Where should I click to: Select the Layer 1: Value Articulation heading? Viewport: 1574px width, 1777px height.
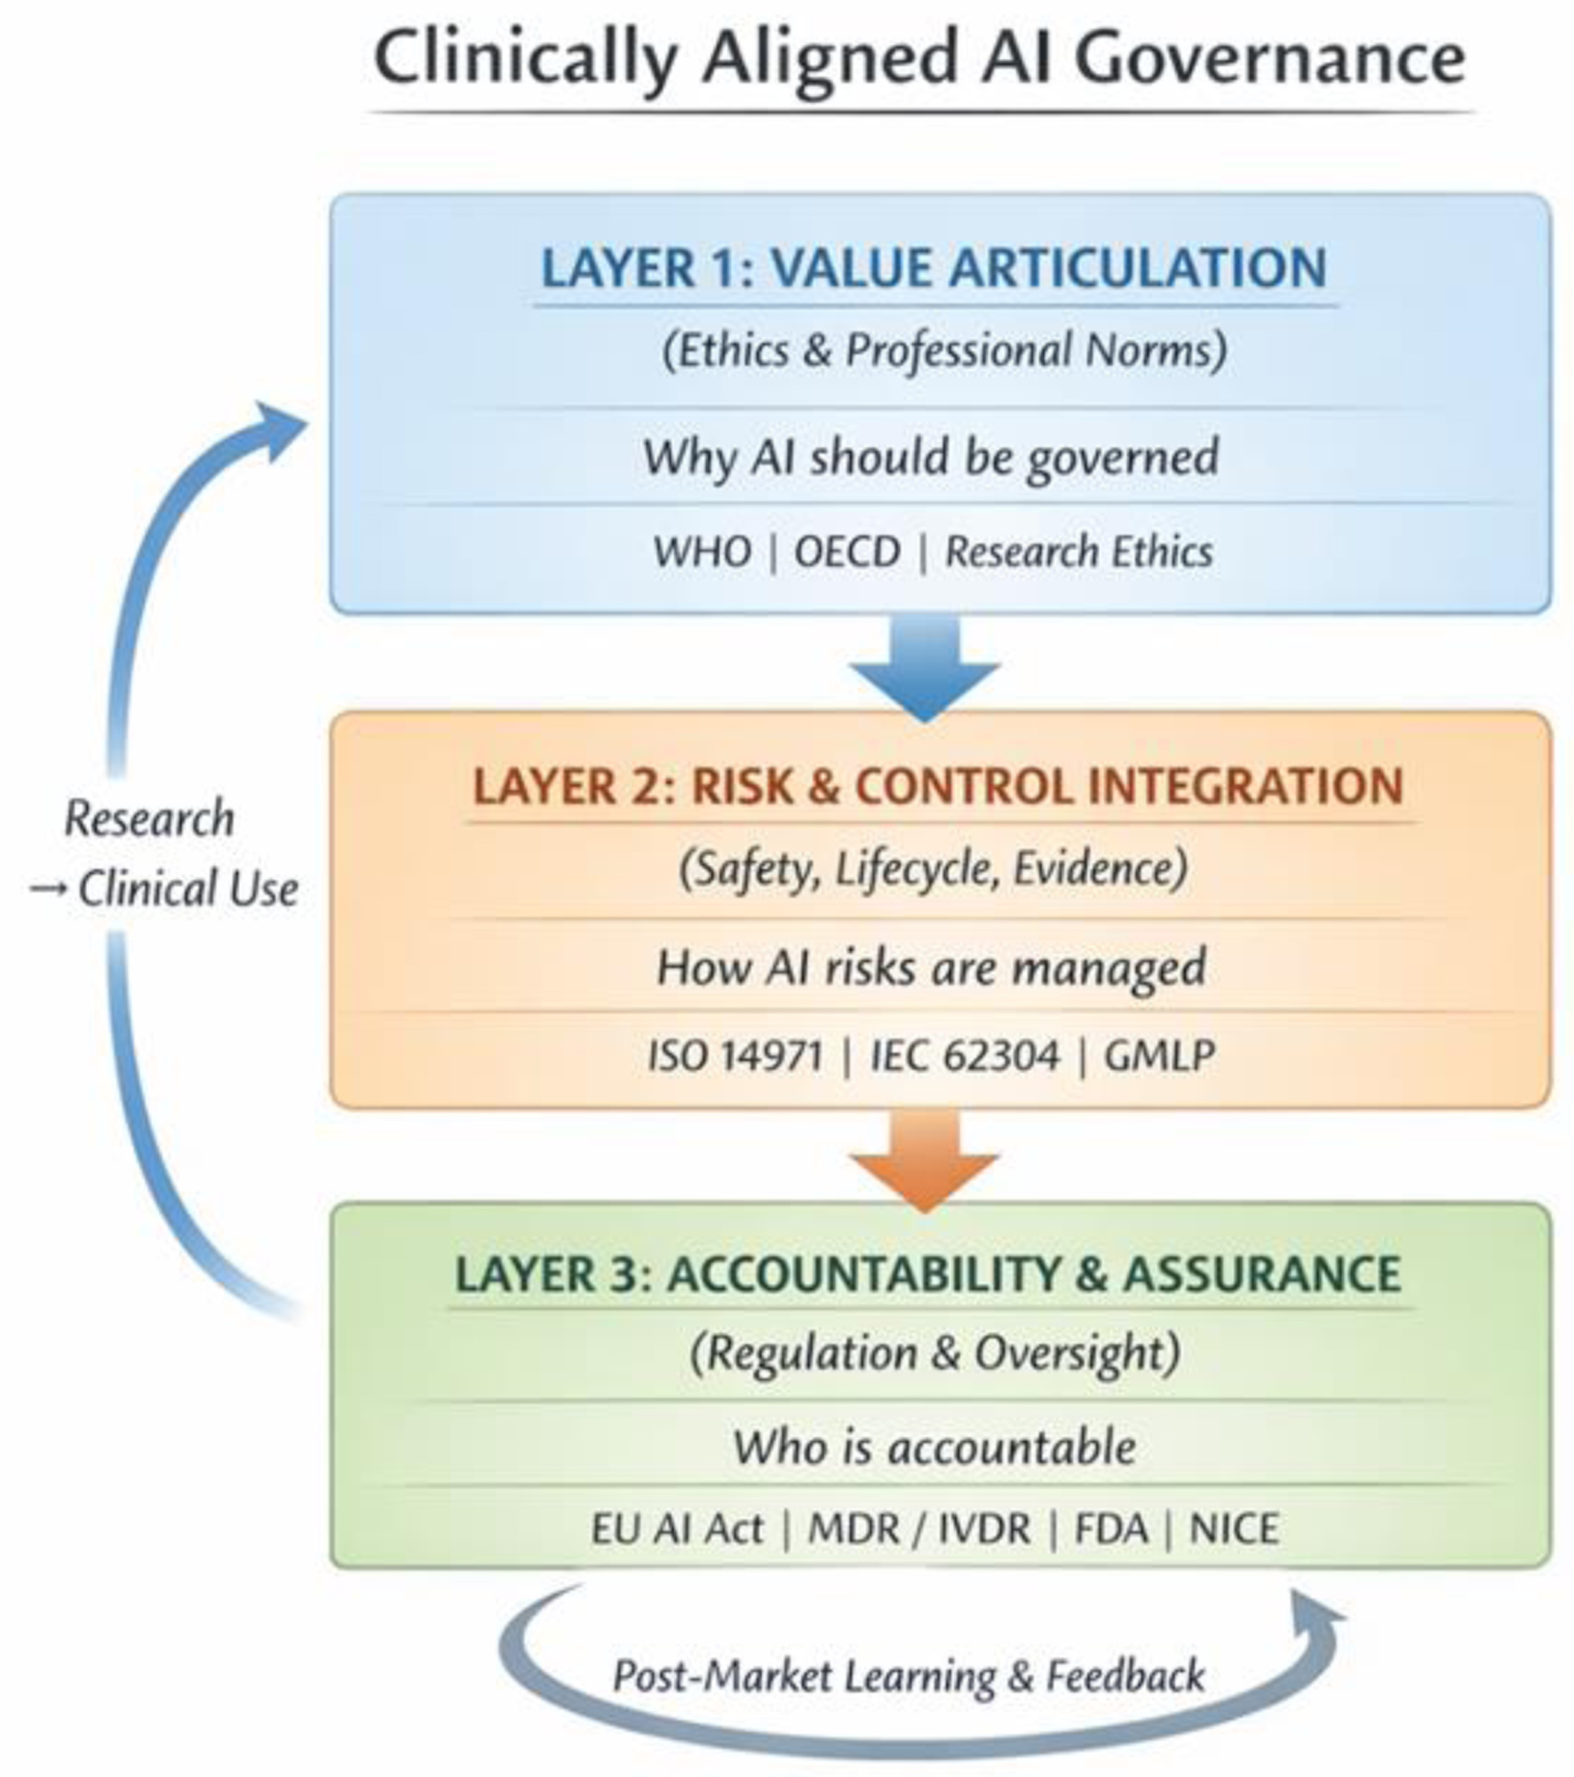pyautogui.click(x=934, y=268)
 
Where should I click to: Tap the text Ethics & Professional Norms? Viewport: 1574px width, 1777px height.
pyautogui.click(x=944, y=350)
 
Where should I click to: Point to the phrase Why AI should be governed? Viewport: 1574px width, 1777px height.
pyautogui.click(x=930, y=457)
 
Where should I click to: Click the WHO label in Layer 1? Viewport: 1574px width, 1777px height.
pyautogui.click(x=702, y=551)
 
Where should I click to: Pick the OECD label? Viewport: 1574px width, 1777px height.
pyautogui.click(x=847, y=551)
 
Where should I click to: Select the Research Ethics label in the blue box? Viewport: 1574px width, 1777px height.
pyautogui.click(x=1078, y=551)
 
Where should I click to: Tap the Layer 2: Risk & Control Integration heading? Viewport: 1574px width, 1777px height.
pyautogui.click(x=937, y=787)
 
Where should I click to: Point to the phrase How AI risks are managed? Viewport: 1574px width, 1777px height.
pyautogui.click(x=931, y=966)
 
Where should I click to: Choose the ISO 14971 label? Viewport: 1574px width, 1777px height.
pyautogui.click(x=735, y=1056)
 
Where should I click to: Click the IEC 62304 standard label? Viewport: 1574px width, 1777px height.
pyautogui.click(x=965, y=1056)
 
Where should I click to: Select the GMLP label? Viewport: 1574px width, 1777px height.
pyautogui.click(x=1158, y=1056)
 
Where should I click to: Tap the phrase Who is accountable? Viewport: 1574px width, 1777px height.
pyautogui.click(x=934, y=1447)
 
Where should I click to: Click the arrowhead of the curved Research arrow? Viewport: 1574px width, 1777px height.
pyautogui.click(x=280, y=428)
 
